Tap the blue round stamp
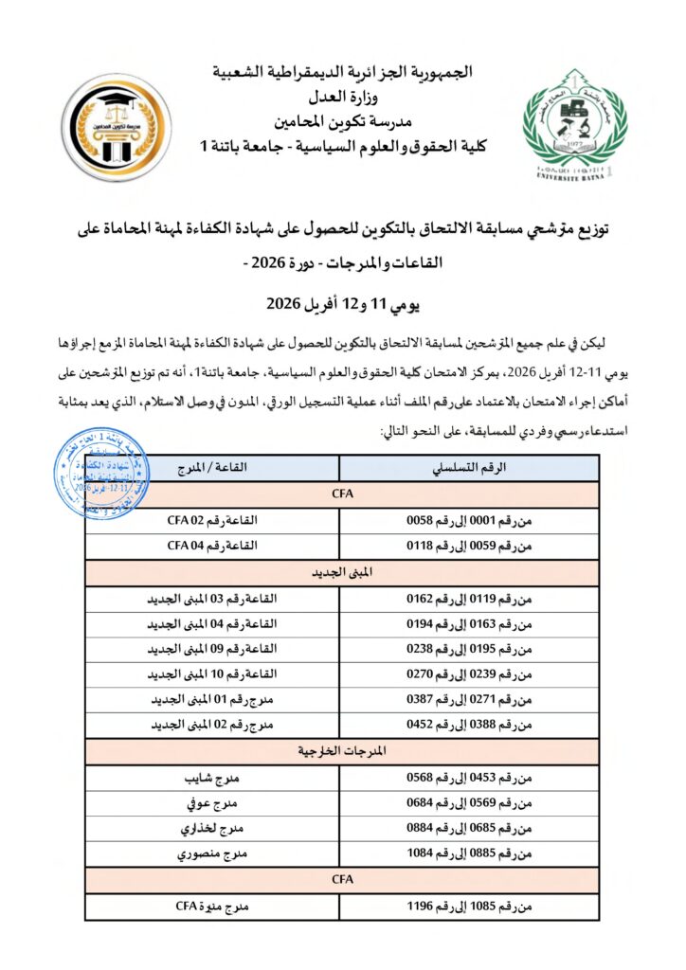point(100,474)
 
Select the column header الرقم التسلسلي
point(468,468)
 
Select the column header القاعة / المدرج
point(212,468)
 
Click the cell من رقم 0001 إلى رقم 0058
point(468,520)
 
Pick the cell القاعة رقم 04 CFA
point(212,547)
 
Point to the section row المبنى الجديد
point(341,573)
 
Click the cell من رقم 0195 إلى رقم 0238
point(468,650)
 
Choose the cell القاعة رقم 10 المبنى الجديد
point(212,675)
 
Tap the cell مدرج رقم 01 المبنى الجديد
point(212,701)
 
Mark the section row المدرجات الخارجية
point(341,752)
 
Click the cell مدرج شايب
point(212,779)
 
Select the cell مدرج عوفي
point(212,804)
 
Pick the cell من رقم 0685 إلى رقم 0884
point(468,830)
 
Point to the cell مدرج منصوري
point(212,855)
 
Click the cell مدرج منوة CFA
point(212,907)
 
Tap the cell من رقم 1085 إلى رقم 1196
point(468,907)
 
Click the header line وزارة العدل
point(342,98)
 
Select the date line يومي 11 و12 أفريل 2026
point(342,306)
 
